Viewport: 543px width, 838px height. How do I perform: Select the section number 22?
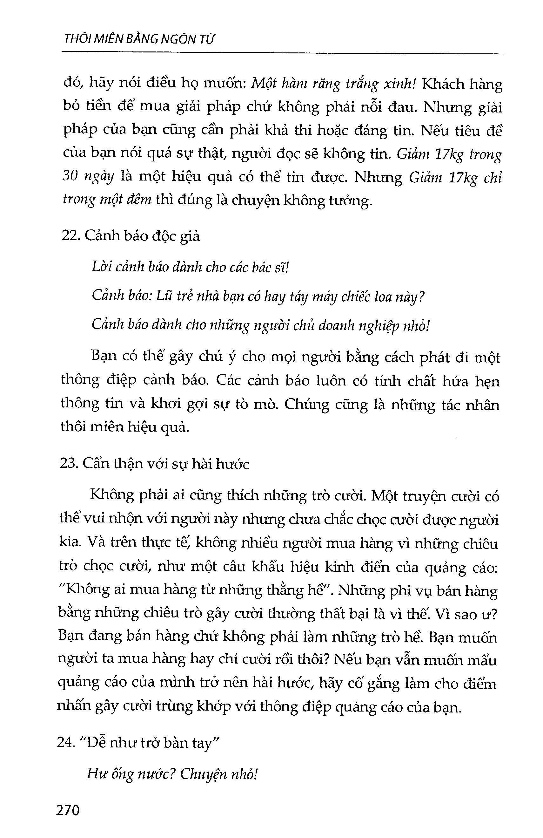coord(70,235)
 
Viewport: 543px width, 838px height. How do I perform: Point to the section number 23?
coord(69,464)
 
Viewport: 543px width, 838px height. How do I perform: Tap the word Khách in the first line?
coord(441,85)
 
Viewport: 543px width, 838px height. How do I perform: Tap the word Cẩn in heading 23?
coord(97,464)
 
